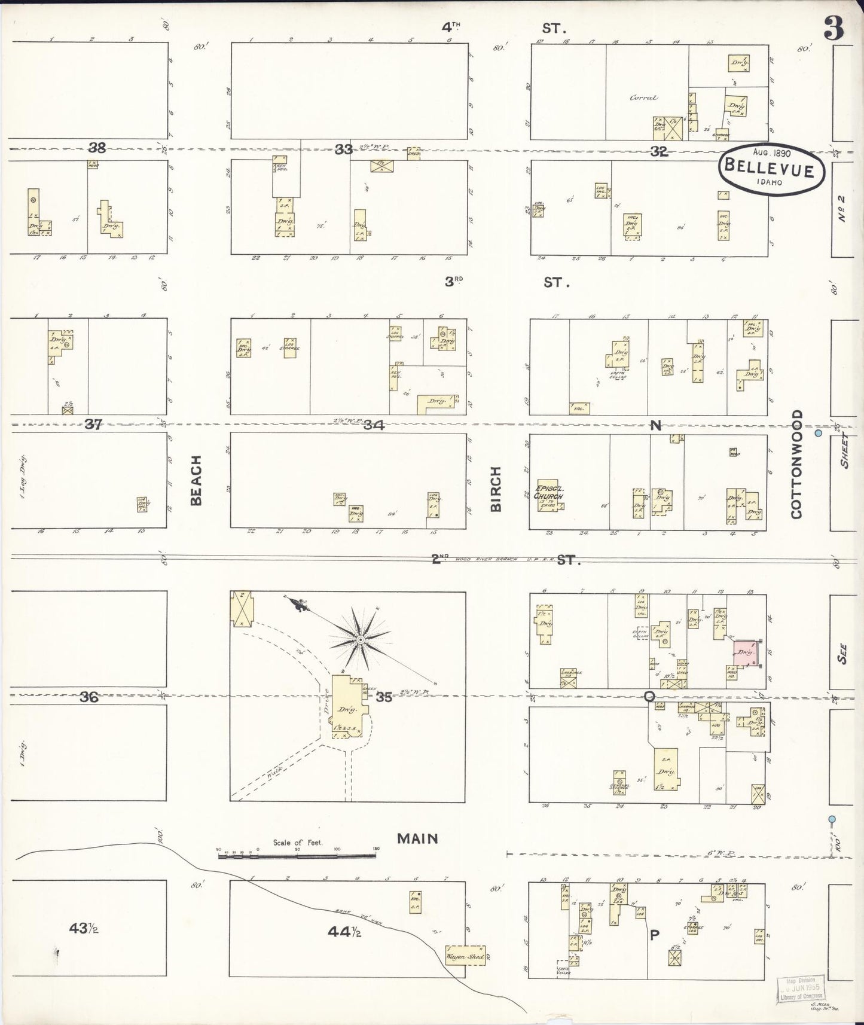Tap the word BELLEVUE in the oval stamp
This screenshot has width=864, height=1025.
tap(769, 168)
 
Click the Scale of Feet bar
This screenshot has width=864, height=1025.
tap(297, 856)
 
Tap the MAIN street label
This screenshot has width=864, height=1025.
tap(417, 839)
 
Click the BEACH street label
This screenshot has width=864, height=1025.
tap(196, 480)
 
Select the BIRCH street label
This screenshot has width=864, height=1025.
tap(496, 490)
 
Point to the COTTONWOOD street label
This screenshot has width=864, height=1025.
tap(796, 464)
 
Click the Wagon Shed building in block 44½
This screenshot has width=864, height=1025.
tap(465, 956)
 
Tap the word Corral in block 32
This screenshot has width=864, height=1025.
tap(643, 97)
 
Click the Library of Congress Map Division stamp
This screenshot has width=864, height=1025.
tap(801, 989)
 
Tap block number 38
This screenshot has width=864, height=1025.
tap(97, 148)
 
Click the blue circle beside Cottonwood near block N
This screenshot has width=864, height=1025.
tap(819, 432)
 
